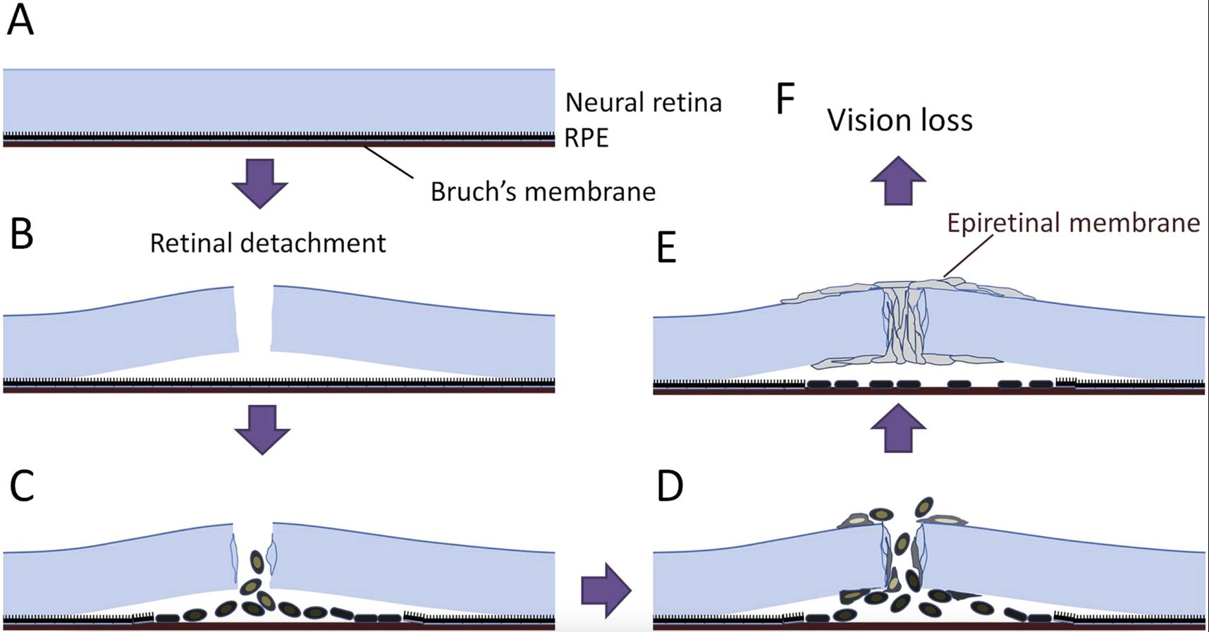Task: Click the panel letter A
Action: tap(20, 21)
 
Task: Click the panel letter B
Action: tap(21, 233)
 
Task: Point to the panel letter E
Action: tap(667, 248)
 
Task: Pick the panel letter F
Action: tap(785, 99)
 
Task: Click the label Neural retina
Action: tap(644, 103)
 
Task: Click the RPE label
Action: tap(587, 138)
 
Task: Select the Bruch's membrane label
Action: tap(543, 192)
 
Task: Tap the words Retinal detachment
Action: tap(268, 243)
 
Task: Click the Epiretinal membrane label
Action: tap(1073, 223)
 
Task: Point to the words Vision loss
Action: tap(900, 121)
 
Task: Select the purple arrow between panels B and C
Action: tap(262, 429)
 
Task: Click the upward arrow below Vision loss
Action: tap(898, 181)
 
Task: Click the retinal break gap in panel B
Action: tap(254, 317)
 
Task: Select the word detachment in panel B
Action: tap(313, 243)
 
